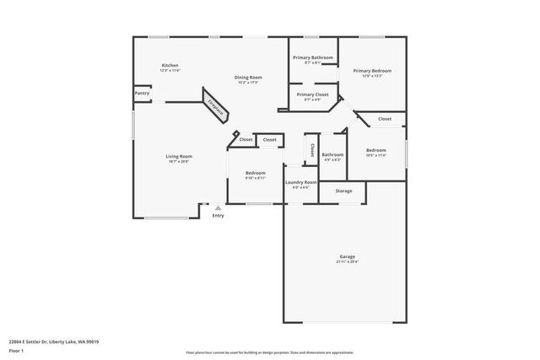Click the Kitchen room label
pyautogui.click(x=170, y=65)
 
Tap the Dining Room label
pyautogui.click(x=247, y=77)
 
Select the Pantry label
pyautogui.click(x=142, y=93)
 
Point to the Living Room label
pyautogui.click(x=178, y=156)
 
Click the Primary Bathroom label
pyautogui.click(x=312, y=57)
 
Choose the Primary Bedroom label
pyautogui.click(x=372, y=71)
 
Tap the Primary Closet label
pyautogui.click(x=312, y=94)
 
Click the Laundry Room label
pyautogui.click(x=300, y=182)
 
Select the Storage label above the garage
pyautogui.click(x=343, y=191)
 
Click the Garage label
pyautogui.click(x=347, y=256)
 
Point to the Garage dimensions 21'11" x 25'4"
pyautogui.click(x=347, y=262)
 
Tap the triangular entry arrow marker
pyautogui.click(x=218, y=207)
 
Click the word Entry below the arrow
pyautogui.click(x=218, y=216)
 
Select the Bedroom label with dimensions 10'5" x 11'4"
pyautogui.click(x=375, y=150)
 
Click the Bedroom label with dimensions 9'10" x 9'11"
pyautogui.click(x=255, y=172)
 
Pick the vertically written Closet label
pyautogui.click(x=311, y=150)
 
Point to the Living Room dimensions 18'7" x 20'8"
pyautogui.click(x=178, y=162)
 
